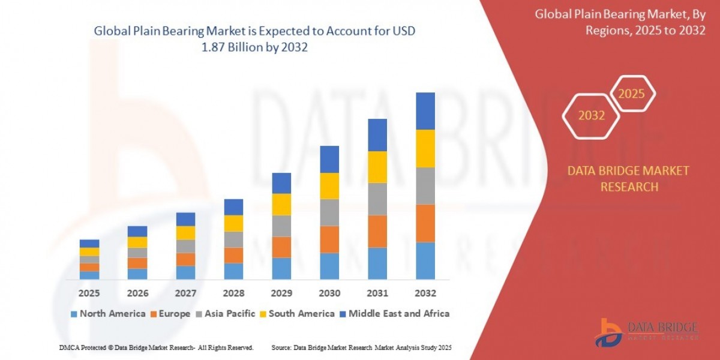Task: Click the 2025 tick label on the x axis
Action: click(89, 293)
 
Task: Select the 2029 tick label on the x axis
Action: click(281, 293)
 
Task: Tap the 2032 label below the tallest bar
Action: click(425, 293)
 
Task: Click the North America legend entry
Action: click(108, 313)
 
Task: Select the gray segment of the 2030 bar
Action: click(329, 212)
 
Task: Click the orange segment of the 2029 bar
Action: click(281, 247)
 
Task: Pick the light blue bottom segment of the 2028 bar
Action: click(233, 271)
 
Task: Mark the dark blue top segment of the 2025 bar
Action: click(89, 244)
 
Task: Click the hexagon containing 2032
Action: click(592, 116)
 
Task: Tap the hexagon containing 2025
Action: click(632, 94)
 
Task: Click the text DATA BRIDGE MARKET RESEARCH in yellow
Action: click(628, 179)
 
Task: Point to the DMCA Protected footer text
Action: click(156, 347)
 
